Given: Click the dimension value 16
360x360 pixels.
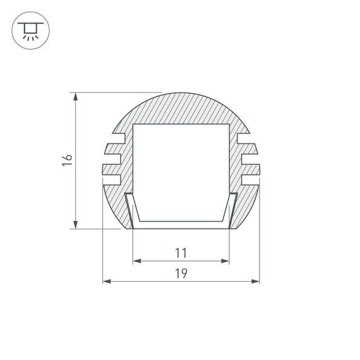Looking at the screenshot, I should pyautogui.click(x=68, y=160).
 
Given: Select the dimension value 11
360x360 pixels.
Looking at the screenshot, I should pyautogui.click(x=181, y=253).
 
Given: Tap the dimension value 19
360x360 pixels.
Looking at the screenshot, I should pyautogui.click(x=181, y=273).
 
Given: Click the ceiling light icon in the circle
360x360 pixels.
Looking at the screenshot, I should pyautogui.click(x=28, y=30).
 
